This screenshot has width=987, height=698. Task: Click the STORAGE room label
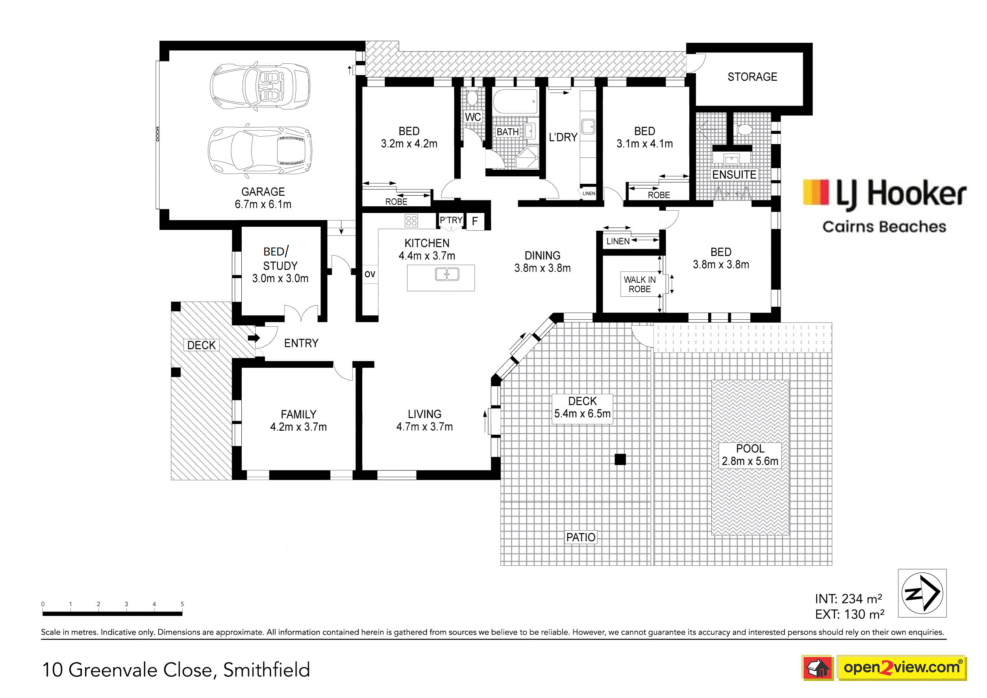point(752,77)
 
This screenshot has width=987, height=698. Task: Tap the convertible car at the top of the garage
point(260,86)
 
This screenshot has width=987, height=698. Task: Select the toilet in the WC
point(472,98)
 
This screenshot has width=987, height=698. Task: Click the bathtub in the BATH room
point(515,101)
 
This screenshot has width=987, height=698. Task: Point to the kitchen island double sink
point(447,274)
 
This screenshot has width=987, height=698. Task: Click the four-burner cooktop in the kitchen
point(411,221)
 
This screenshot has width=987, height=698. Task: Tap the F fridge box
point(475,221)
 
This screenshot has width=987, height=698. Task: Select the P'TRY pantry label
point(450,220)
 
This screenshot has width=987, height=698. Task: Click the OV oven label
point(370,274)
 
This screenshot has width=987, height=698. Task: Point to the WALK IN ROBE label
point(640,284)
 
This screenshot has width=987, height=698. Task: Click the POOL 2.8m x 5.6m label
point(750,455)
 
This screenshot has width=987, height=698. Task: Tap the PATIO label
point(581,537)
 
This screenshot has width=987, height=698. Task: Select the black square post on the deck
point(620,459)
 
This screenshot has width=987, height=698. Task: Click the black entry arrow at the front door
point(254,338)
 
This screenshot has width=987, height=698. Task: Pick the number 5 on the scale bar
point(182,604)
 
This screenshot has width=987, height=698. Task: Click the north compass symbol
point(922,593)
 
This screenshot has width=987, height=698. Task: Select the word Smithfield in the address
point(267,670)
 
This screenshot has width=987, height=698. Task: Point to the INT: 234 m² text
point(848,599)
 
